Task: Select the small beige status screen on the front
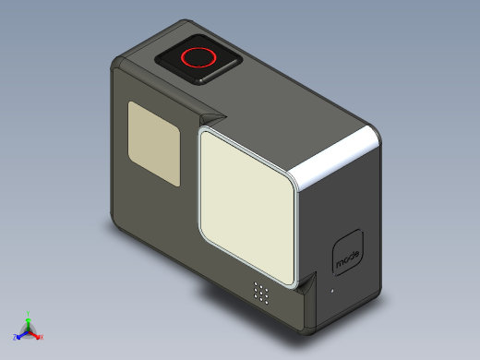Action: click(x=153, y=142)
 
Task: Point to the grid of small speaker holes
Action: click(x=262, y=294)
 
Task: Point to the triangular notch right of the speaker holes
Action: click(x=306, y=282)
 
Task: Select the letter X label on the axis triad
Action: click(x=42, y=338)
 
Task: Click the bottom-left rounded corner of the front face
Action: click(x=118, y=224)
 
